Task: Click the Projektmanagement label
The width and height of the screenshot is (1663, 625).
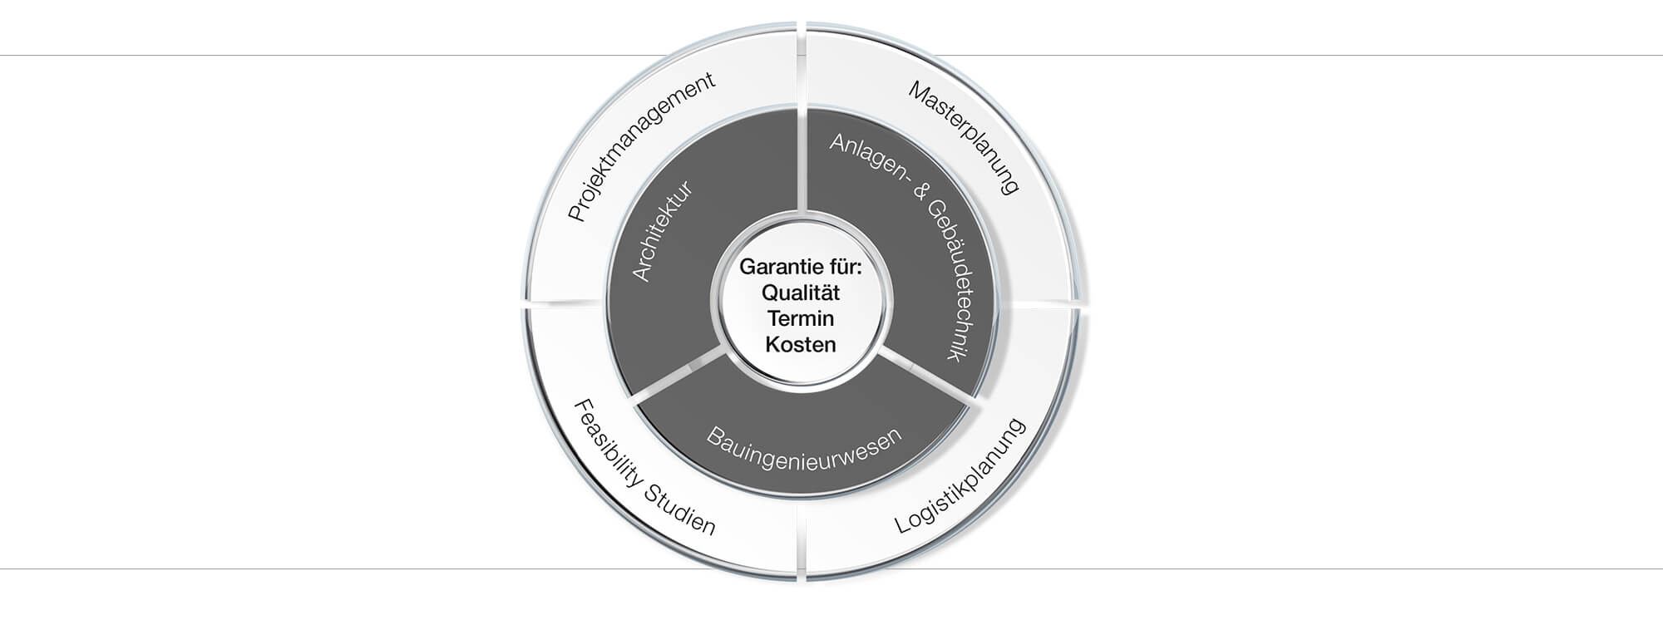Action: [x=640, y=146]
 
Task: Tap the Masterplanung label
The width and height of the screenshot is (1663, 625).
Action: [x=963, y=137]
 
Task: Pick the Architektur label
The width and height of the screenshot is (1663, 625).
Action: [x=663, y=232]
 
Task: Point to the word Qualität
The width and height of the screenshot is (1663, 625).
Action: [x=801, y=293]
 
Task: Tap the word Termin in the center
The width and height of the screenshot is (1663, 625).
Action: [x=801, y=318]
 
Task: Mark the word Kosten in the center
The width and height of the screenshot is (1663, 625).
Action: [x=801, y=344]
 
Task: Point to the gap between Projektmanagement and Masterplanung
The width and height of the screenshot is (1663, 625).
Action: [x=802, y=66]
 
